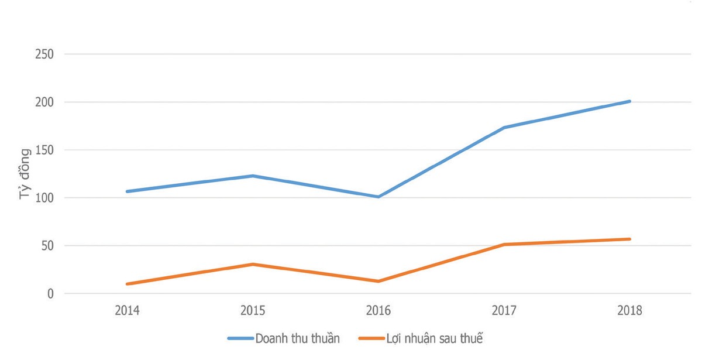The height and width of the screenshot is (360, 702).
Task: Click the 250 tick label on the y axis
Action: [44, 54]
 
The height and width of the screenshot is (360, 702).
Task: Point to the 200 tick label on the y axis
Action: [44, 102]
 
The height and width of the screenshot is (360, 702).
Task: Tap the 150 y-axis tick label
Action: [44, 150]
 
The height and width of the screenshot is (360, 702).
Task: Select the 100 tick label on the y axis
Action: [44, 198]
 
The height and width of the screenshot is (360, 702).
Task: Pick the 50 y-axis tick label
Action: [47, 246]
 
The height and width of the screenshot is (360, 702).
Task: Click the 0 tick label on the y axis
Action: [50, 294]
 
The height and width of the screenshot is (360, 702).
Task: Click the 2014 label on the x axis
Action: [127, 311]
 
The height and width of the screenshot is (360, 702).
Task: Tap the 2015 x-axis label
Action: [253, 311]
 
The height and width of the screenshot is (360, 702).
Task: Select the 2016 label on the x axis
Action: [378, 311]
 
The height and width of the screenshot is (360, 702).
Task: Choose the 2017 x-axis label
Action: [504, 311]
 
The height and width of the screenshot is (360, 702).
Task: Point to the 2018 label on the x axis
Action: [630, 311]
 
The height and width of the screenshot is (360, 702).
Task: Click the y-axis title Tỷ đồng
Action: [25, 174]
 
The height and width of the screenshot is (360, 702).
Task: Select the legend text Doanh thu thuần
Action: [297, 338]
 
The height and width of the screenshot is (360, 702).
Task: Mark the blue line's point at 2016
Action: [378, 197]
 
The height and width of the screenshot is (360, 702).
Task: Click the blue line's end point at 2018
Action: [630, 101]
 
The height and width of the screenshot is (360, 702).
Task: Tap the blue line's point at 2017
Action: [504, 128]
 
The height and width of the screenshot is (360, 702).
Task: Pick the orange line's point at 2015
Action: [253, 264]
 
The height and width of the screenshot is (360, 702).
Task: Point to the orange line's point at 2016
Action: [378, 282]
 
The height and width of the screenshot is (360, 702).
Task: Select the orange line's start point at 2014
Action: [127, 284]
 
